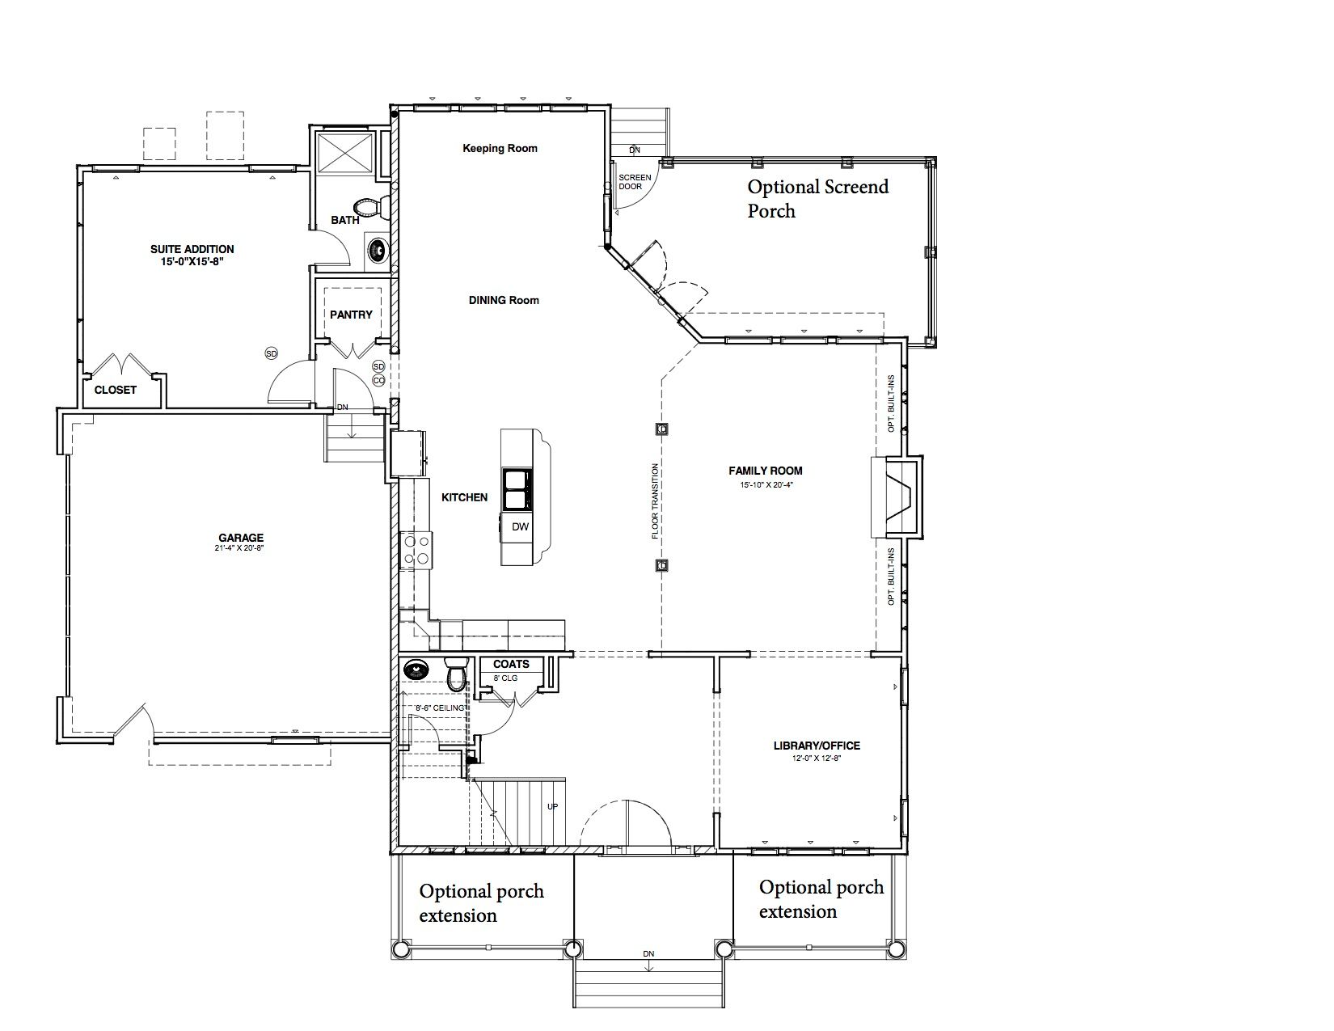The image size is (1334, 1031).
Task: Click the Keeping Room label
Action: [500, 148]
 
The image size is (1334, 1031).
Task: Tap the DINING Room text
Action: [504, 300]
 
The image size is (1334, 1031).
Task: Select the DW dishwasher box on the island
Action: [519, 526]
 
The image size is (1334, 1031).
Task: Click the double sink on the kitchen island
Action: [517, 489]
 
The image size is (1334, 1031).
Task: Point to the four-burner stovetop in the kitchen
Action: [416, 550]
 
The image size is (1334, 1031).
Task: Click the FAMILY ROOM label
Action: [766, 471]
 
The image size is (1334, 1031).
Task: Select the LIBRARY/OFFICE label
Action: [817, 746]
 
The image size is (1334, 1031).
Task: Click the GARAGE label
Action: [241, 538]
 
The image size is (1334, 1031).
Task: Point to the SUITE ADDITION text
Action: [192, 249]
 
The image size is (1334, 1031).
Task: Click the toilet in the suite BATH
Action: [372, 207]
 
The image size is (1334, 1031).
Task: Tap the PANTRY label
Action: [351, 315]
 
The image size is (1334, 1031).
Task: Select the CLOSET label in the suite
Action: [116, 390]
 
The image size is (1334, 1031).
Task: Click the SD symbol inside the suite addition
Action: [272, 353]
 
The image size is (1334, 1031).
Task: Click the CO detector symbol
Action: [378, 381]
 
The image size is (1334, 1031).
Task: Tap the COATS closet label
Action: [512, 664]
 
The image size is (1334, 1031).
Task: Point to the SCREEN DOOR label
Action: [635, 182]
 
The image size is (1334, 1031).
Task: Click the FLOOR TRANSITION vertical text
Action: [655, 501]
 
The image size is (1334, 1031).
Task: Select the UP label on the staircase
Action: [552, 806]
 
